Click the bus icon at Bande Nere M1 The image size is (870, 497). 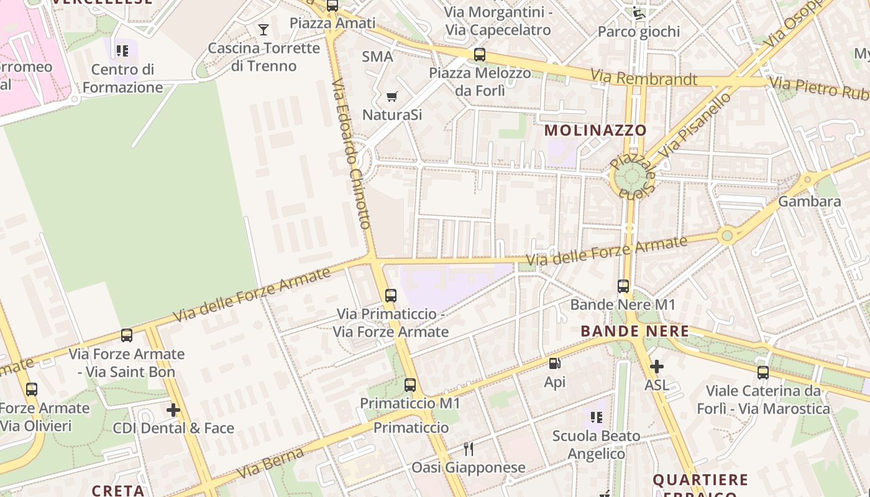623,286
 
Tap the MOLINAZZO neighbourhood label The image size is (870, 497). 596,130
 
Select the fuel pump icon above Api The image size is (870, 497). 554,363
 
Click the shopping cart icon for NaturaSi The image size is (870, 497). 391,96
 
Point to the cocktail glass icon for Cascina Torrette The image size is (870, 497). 263,29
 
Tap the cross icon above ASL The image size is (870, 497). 656,367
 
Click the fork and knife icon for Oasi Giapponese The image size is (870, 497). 469,449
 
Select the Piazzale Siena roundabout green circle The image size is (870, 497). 631,177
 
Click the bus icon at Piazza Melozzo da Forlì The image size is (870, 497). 479,54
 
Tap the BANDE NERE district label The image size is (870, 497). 634,331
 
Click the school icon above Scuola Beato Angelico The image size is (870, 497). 596,417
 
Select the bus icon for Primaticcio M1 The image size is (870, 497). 410,385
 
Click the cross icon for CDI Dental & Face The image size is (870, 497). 173,409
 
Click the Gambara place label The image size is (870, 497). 809,201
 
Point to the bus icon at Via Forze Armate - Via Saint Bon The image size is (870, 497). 127,335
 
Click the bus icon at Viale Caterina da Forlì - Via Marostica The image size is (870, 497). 762,373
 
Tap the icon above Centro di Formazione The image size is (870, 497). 122,50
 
